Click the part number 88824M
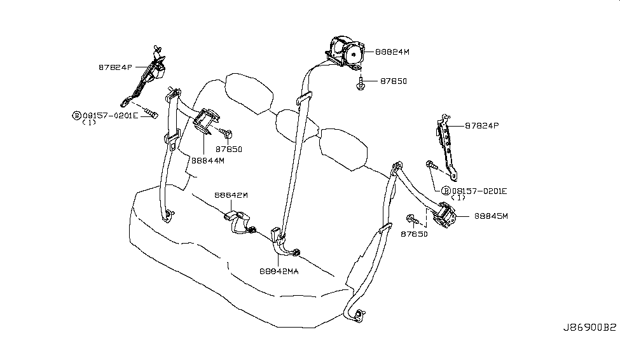[x=392, y=52]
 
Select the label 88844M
[x=208, y=160]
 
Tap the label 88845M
[x=491, y=216]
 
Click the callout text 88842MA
[x=279, y=270]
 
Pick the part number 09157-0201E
[x=110, y=116]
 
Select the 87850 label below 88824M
[x=394, y=81]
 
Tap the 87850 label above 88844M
[x=228, y=149]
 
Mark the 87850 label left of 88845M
[x=413, y=234]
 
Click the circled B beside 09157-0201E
[x=77, y=116]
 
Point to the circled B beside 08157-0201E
[x=446, y=191]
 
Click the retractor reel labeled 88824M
[x=345, y=51]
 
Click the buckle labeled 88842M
[x=238, y=223]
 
